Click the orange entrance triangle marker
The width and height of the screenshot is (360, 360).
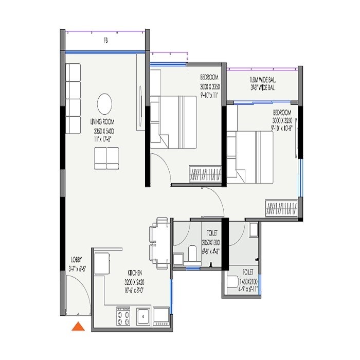point(78,327)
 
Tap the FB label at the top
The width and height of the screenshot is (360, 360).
point(105,40)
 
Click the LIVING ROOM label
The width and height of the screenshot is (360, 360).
point(102,122)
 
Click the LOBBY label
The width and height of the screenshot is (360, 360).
point(77,260)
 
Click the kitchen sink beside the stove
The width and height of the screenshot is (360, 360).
point(142,316)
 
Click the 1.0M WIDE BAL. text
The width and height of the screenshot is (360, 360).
point(262,80)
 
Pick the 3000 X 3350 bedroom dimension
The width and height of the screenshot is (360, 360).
point(210,87)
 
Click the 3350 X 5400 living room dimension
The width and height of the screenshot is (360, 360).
point(102,132)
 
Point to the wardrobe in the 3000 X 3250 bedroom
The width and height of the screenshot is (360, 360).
point(281,208)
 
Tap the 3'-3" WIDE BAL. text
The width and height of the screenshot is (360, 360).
point(262,88)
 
